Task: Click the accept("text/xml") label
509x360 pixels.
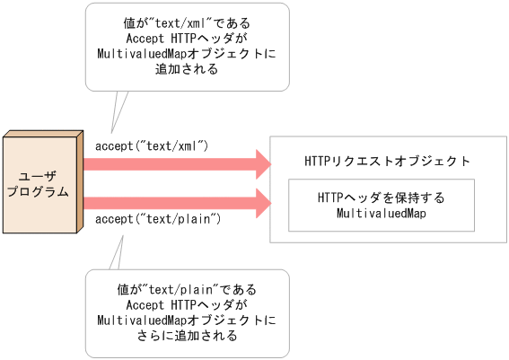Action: click(x=152, y=144)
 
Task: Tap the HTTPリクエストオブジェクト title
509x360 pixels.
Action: click(x=387, y=162)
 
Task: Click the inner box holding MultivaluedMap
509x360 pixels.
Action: click(x=381, y=206)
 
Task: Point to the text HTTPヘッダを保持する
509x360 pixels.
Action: click(x=381, y=198)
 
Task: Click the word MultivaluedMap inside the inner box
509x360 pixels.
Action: click(x=381, y=214)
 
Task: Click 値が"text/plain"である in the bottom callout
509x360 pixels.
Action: click(x=187, y=290)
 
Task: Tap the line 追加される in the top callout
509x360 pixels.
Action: click(x=187, y=69)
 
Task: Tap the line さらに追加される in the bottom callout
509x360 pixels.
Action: click(x=187, y=337)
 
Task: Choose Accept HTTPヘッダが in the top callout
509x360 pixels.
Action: click(x=187, y=38)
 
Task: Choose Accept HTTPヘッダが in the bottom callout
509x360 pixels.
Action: click(x=187, y=305)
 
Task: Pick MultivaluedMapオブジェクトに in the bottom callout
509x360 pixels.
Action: click(x=187, y=320)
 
